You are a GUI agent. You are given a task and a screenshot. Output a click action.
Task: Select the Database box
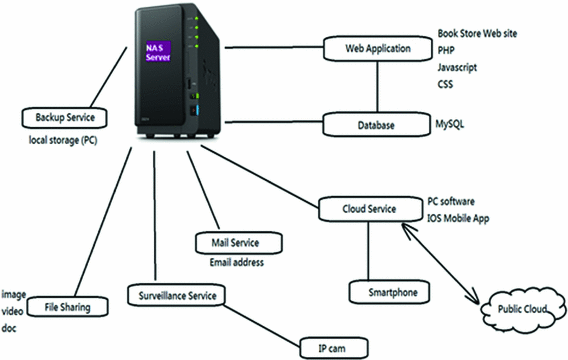tap(376, 125)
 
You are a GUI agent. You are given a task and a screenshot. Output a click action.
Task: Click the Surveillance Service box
tap(176, 295)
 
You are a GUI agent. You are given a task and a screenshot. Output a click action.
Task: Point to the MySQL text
tap(451, 125)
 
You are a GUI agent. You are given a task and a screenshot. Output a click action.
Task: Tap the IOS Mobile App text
tap(464, 215)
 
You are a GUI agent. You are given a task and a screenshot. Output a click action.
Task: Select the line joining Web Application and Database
tap(376, 86)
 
